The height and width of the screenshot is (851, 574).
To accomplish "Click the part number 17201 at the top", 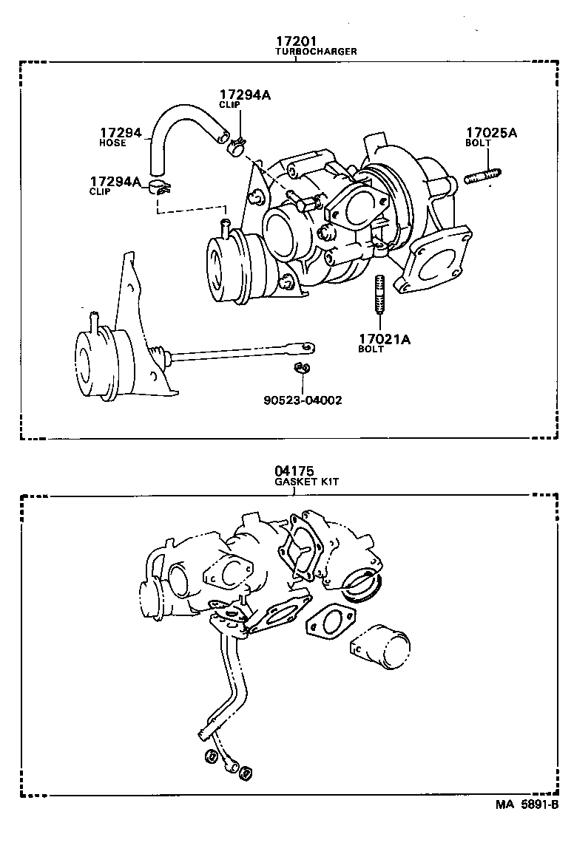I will click(296, 41).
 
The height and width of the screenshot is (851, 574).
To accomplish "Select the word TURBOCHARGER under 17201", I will click(316, 52).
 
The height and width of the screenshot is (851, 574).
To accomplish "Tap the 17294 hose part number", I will click(120, 133).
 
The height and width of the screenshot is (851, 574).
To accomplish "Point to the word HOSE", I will click(112, 143).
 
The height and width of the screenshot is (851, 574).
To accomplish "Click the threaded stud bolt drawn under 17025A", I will click(484, 177).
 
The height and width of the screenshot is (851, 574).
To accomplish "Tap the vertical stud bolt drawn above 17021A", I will click(379, 293).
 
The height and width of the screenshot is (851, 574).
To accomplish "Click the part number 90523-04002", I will click(302, 400).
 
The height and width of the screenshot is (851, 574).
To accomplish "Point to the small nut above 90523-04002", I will click(302, 368).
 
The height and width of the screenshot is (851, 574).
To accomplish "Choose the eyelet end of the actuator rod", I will click(305, 345).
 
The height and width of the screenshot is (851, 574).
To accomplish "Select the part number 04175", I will click(294, 471).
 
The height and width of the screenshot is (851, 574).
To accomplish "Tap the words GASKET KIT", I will click(307, 482).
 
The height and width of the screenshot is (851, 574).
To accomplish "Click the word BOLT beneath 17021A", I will click(371, 349).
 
